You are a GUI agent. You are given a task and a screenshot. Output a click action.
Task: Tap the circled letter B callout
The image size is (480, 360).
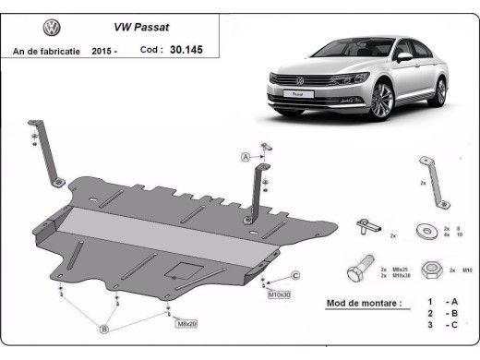click(x=104, y=329)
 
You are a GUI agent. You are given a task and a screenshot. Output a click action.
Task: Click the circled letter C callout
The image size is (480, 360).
click(x=296, y=276)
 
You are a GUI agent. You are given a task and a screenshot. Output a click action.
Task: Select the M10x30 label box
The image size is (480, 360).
click(x=279, y=294)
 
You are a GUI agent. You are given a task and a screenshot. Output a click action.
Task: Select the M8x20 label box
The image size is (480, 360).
click(x=186, y=323)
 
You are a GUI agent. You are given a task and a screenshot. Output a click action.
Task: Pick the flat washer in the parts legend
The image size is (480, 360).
click(x=427, y=227)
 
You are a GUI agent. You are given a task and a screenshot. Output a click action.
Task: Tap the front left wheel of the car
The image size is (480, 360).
click(x=381, y=101)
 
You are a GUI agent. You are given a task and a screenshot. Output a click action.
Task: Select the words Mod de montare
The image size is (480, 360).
click(x=364, y=303)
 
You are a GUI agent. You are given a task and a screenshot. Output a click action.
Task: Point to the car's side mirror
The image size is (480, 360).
click(x=403, y=56)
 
